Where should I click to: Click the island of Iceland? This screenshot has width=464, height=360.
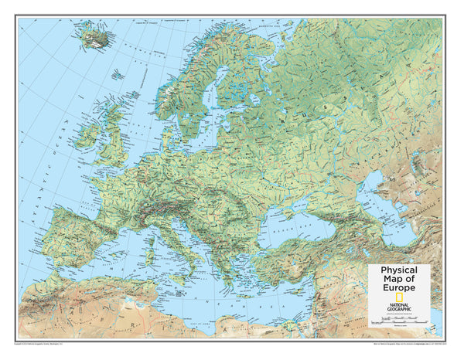[94, 34]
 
